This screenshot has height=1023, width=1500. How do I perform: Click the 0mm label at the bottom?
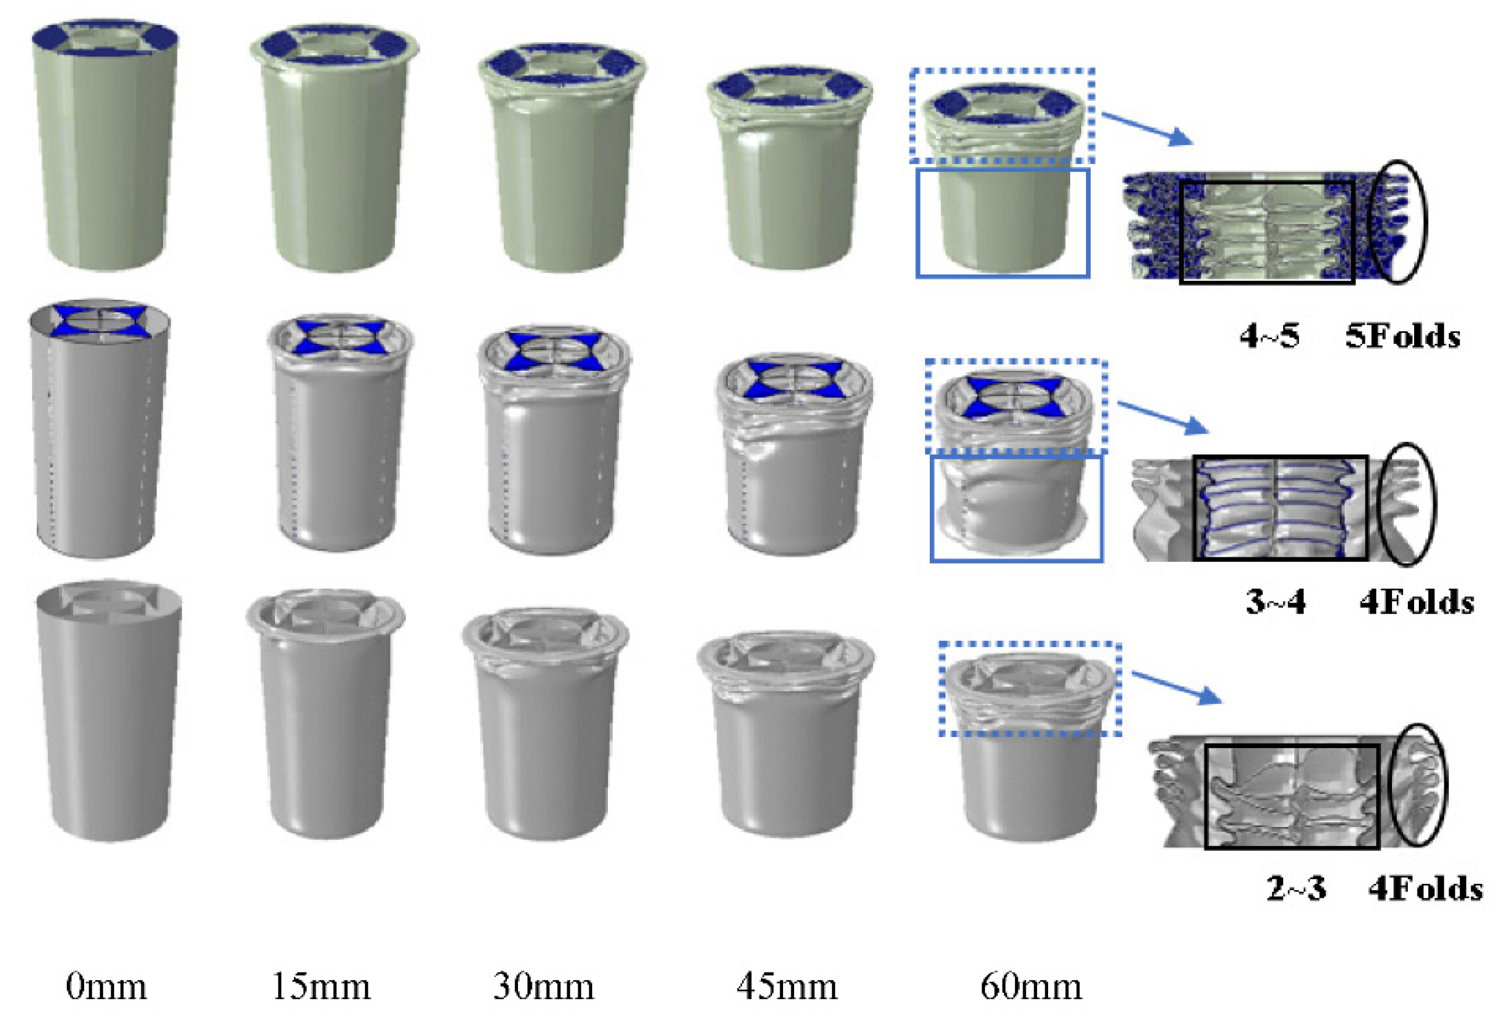(107, 987)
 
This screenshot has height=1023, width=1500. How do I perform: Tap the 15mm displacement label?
(321, 987)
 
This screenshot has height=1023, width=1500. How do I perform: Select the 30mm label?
(544, 987)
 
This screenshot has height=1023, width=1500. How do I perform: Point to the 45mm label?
(787, 987)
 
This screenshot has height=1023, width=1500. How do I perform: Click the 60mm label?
(1031, 987)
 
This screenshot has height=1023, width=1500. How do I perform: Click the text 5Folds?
(1403, 336)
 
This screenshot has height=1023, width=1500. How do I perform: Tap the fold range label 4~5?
(1269, 336)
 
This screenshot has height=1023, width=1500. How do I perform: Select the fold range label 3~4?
(1276, 602)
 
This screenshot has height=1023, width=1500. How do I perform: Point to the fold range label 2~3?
(1296, 889)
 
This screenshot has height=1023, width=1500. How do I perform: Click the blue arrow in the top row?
(1146, 128)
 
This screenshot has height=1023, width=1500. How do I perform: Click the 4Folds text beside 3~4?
(1416, 602)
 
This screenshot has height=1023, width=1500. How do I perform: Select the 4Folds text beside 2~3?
(1426, 889)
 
